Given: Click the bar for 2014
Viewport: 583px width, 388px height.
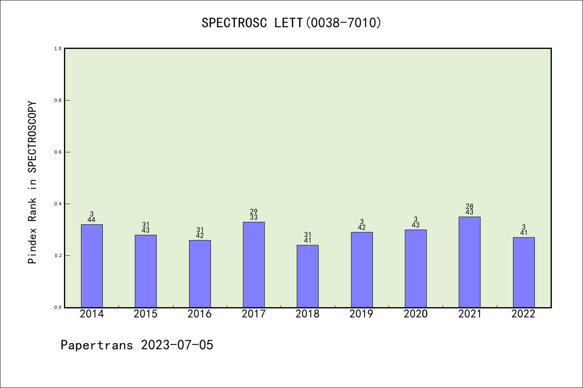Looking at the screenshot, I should (92, 266).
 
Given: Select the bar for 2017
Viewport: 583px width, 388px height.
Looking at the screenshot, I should (254, 264).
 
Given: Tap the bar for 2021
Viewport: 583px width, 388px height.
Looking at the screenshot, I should (470, 262).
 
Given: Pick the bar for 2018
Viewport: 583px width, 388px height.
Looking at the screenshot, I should (308, 276).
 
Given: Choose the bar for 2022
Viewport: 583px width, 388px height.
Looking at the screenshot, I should (523, 272).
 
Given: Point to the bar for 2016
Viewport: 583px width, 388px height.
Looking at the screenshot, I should (200, 274).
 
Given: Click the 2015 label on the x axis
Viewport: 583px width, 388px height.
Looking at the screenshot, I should (146, 314).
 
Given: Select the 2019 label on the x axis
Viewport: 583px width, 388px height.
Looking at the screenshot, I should (362, 314).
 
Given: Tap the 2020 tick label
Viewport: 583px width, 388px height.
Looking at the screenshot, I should (416, 314).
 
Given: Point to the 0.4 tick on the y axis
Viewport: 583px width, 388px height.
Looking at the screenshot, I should (58, 204).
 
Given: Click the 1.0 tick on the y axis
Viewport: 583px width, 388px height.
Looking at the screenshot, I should (58, 48).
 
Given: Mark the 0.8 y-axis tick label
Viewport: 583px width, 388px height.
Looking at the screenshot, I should (58, 100).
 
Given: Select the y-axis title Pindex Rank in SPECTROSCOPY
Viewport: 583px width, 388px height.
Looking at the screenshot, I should (32, 183).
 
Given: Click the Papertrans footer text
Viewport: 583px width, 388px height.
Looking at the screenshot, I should (97, 345).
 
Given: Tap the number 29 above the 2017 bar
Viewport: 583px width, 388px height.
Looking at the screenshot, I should (254, 211).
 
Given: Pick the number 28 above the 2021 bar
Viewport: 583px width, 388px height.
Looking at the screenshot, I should (470, 207).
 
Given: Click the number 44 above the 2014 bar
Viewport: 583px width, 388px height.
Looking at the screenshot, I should (92, 220).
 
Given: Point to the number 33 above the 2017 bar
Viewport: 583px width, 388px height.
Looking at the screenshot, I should (254, 217).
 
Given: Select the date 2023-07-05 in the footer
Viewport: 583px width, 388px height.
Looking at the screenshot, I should (177, 345).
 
